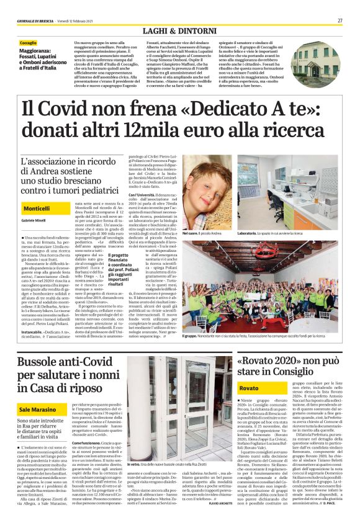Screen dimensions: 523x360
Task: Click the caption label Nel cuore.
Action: coord(191,232)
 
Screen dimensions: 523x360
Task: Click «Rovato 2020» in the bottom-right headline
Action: coord(272,360)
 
